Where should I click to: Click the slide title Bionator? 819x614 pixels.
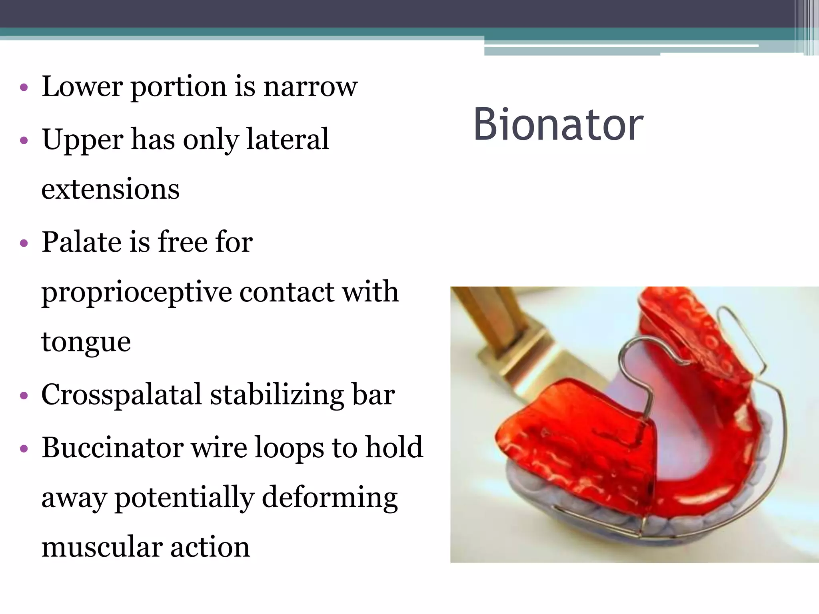tap(558, 125)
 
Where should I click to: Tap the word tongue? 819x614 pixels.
tap(86, 342)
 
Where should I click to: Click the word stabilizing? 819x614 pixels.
tap(276, 395)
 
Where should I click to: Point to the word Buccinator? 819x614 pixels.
tap(112, 447)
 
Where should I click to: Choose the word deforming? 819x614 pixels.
tap(330, 498)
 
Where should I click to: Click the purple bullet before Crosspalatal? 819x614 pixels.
tap(24, 396)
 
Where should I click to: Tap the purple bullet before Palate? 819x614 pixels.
tap(24, 243)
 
